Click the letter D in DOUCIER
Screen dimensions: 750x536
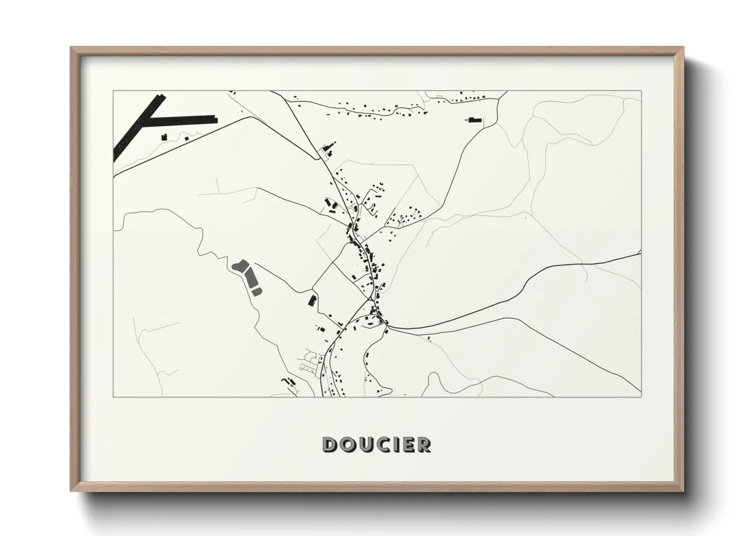pyautogui.click(x=330, y=444)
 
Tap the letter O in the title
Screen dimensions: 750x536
pyautogui.click(x=349, y=444)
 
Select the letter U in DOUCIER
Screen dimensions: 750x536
pyautogui.click(x=367, y=444)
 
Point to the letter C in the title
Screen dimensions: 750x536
pyautogui.click(x=386, y=444)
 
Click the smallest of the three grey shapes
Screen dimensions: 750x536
pyautogui.click(x=257, y=291)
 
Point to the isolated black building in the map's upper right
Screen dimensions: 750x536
pyautogui.click(x=474, y=120)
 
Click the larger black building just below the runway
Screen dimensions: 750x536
pyautogui.click(x=164, y=137)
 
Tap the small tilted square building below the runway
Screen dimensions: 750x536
pyautogui.click(x=186, y=138)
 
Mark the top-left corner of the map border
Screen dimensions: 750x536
pyautogui.click(x=113, y=91)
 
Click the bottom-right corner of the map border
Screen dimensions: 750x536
pyautogui.click(x=642, y=397)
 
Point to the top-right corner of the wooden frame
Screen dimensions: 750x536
pyautogui.click(x=684, y=47)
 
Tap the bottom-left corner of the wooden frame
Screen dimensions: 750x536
pyautogui.click(x=70, y=491)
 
